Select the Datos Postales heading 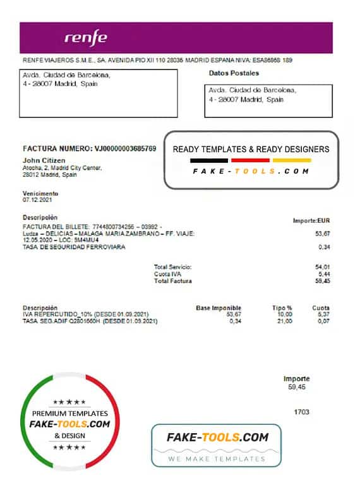[x=234, y=73]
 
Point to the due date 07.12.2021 [x=37, y=199]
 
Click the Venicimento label [x=40, y=193]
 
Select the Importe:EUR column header [x=311, y=221]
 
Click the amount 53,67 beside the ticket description [x=322, y=234]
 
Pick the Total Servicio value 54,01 [x=322, y=268]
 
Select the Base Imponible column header [x=219, y=308]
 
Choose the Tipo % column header [x=282, y=308]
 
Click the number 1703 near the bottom [x=302, y=412]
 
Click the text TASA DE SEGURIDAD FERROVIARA [x=73, y=247]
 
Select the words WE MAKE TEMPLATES [x=217, y=459]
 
